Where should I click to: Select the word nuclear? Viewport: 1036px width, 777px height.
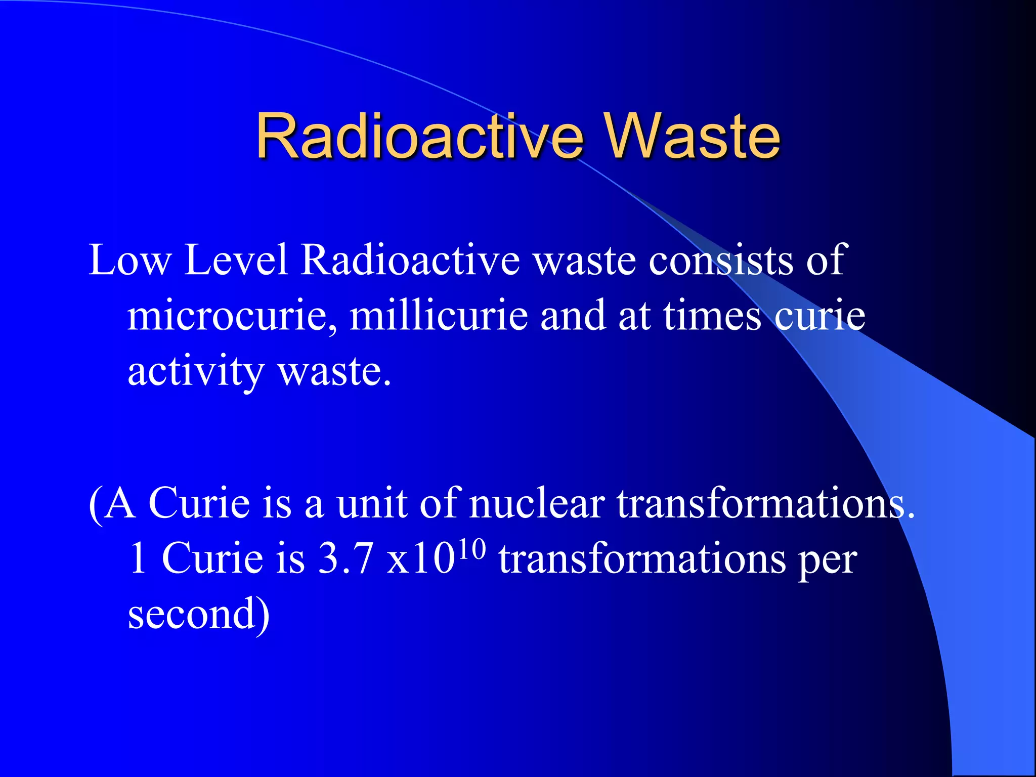point(537,503)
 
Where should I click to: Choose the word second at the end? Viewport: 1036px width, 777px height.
point(192,614)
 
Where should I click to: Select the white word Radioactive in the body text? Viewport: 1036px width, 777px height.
point(410,260)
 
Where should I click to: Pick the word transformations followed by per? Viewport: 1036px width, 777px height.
point(642,558)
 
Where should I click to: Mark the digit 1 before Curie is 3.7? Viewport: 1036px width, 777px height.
point(138,558)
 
